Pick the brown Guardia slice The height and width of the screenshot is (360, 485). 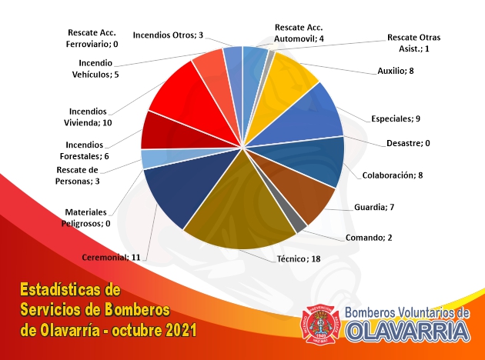297,185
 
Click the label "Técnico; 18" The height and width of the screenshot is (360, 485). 299,258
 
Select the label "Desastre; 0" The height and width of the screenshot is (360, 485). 408,143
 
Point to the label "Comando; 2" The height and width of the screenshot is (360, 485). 369,238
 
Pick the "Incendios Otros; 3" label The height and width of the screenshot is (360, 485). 168,35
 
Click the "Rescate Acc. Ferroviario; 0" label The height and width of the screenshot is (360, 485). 92,38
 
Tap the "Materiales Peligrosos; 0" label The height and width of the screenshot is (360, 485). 85,218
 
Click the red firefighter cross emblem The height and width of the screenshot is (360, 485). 320,324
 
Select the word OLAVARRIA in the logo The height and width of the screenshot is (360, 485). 408,332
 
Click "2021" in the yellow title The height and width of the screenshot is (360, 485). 181,330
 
